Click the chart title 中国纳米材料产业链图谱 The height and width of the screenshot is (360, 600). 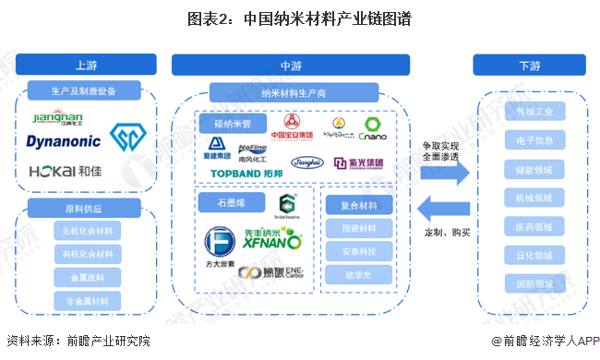click(x=299, y=18)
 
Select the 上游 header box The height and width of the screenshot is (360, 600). click(x=85, y=65)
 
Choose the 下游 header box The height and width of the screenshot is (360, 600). click(x=529, y=65)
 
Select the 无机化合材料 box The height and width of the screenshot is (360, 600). click(x=85, y=230)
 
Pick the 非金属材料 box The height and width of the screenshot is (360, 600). click(x=85, y=299)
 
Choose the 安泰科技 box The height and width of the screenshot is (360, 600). click(x=358, y=250)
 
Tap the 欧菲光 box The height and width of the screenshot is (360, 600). click(x=358, y=274)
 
